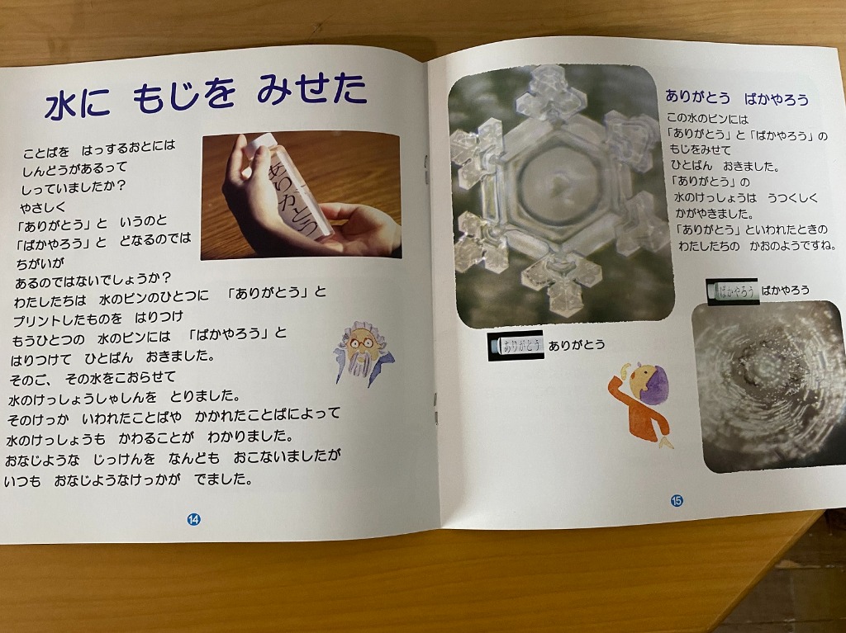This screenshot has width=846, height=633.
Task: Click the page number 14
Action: click(193, 519)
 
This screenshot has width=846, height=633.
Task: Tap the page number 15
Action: click(677, 500)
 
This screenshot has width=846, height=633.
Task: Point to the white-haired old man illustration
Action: click(364, 353)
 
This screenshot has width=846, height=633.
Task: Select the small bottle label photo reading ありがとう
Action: click(516, 346)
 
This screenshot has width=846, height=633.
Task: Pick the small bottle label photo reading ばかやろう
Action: click(732, 291)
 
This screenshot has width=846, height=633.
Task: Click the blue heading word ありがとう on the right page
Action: click(697, 97)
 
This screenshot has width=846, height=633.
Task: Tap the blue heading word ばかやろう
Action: click(777, 99)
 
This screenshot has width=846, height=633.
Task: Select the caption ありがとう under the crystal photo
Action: click(577, 345)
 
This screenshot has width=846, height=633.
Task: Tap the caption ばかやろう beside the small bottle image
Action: click(785, 290)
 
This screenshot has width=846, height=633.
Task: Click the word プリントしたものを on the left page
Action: click(68, 319)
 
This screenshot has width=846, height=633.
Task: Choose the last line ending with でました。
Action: click(128, 479)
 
